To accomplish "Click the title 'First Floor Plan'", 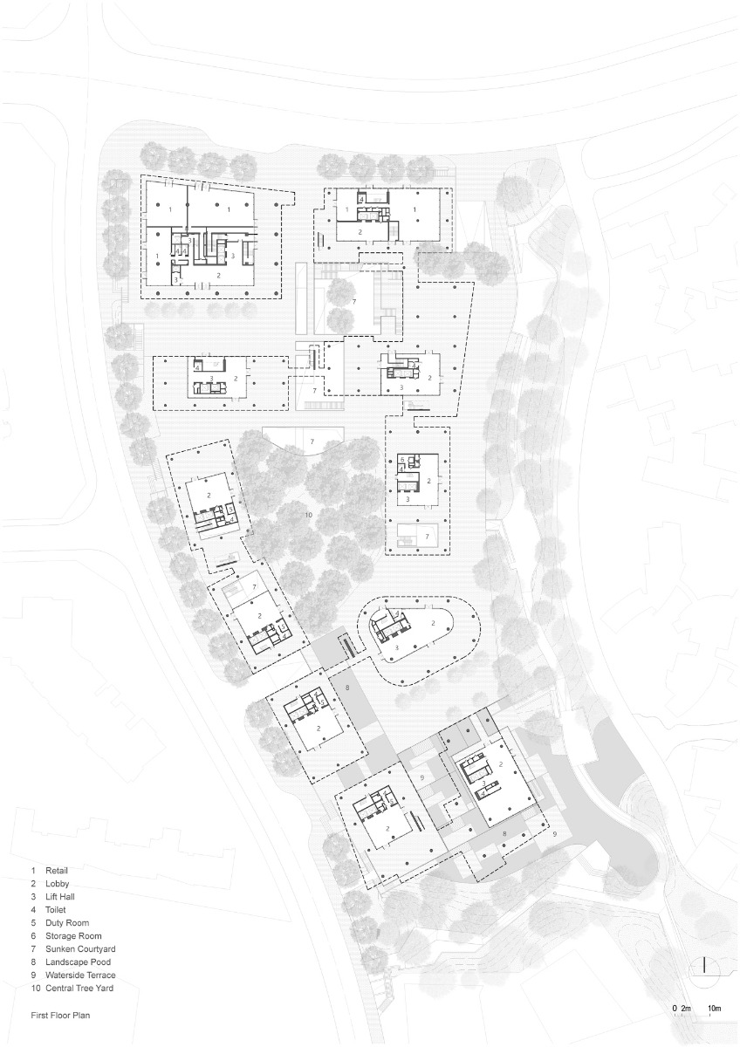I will (x=60, y=1016).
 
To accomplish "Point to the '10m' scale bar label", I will (x=714, y=1009).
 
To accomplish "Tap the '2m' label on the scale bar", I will (x=686, y=1009).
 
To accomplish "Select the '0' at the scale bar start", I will (x=674, y=1009).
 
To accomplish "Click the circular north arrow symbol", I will (x=707, y=967).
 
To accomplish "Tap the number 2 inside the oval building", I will (x=434, y=623).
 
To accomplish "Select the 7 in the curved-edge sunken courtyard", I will (x=312, y=443).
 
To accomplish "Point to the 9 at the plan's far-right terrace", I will (x=554, y=835).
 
